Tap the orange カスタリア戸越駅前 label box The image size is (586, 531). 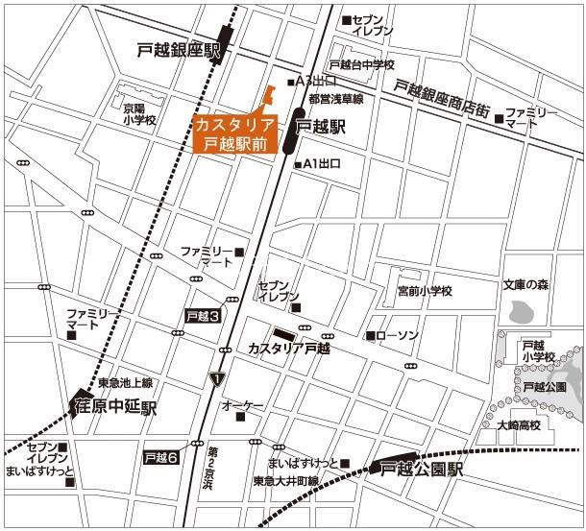[234, 134]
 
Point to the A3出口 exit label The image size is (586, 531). [317, 80]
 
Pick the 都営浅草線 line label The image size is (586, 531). [335, 99]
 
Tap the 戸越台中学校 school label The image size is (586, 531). [361, 64]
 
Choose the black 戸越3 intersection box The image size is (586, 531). [204, 315]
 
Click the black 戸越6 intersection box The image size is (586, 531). [160, 458]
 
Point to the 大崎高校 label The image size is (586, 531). [519, 424]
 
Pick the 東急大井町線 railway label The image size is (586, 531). [285, 481]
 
